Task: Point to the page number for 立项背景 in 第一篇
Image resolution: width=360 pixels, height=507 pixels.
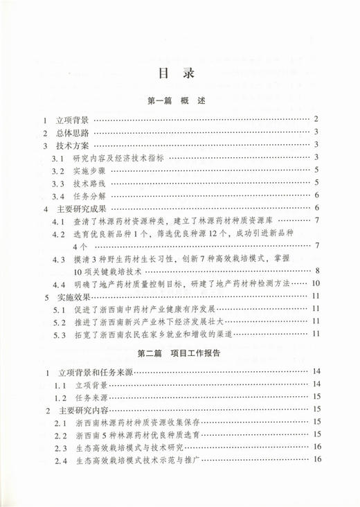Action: (315, 119)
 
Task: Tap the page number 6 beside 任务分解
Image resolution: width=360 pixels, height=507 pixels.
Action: (315, 195)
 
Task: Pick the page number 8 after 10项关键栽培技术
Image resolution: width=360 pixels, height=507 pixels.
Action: (315, 270)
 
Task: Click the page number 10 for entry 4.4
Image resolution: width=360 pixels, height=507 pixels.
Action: (314, 283)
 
